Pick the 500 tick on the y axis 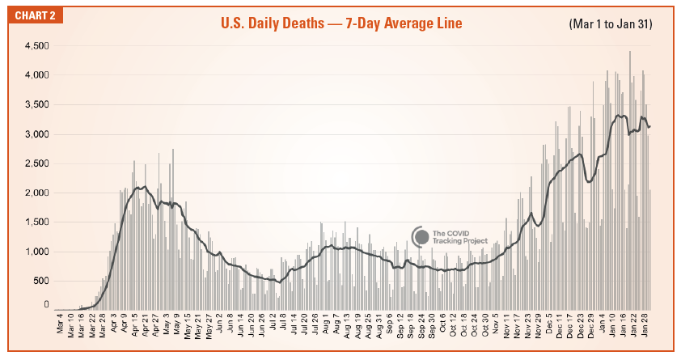(40, 281)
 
